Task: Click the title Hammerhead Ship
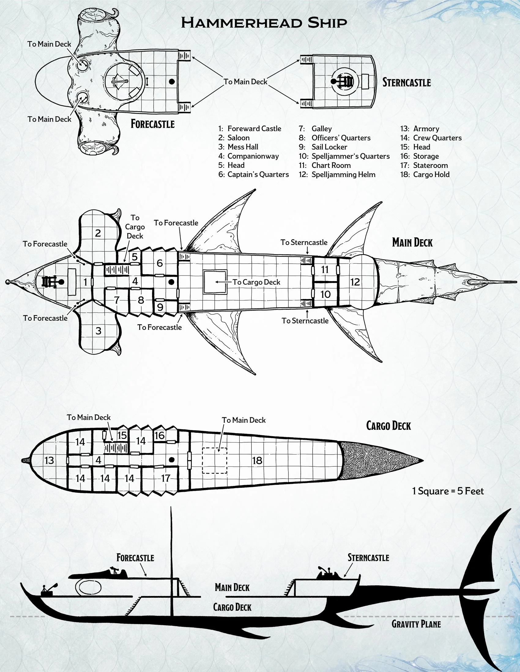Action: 264,23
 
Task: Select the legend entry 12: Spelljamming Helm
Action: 337,174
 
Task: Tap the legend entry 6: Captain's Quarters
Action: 254,174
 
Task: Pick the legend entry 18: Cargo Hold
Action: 425,174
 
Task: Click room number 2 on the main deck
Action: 98,233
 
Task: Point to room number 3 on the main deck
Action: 98,331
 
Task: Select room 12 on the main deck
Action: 355,282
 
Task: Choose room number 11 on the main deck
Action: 325,269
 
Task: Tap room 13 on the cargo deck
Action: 49,460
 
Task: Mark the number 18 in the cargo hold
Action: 257,460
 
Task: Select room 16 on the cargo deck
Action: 159,435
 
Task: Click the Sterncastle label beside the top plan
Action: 406,82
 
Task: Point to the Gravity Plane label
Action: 416,624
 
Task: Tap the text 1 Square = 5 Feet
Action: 448,491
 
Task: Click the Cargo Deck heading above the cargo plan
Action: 388,426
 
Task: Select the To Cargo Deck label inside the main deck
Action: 256,282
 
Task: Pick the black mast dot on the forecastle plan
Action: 172,82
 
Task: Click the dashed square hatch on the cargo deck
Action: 214,461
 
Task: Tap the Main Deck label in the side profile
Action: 232,588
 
